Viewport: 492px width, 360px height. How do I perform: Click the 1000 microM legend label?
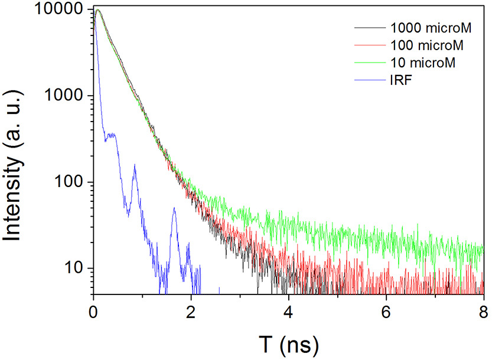pos(431,28)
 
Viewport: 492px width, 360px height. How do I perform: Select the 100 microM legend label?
pos(426,45)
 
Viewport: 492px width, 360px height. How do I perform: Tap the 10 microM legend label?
pos(423,63)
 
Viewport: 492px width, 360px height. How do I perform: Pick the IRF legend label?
pos(401,80)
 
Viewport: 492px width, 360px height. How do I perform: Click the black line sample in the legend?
pos(370,28)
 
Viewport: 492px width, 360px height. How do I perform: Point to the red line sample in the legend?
pos(370,45)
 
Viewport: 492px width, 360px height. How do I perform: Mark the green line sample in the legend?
pos(370,63)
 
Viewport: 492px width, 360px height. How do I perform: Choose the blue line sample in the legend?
pos(370,80)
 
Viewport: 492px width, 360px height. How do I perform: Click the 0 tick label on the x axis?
pos(93,313)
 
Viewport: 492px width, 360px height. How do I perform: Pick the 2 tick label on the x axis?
pos(191,313)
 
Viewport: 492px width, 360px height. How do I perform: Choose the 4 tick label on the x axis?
pos(288,313)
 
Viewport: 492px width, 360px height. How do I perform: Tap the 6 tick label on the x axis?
pos(386,313)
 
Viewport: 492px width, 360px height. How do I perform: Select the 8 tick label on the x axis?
pos(484,313)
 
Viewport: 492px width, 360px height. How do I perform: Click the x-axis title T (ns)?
pos(289,345)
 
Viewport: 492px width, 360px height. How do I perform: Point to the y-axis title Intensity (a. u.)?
pos(12,166)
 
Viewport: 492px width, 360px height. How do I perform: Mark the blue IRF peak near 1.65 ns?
pos(174,208)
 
